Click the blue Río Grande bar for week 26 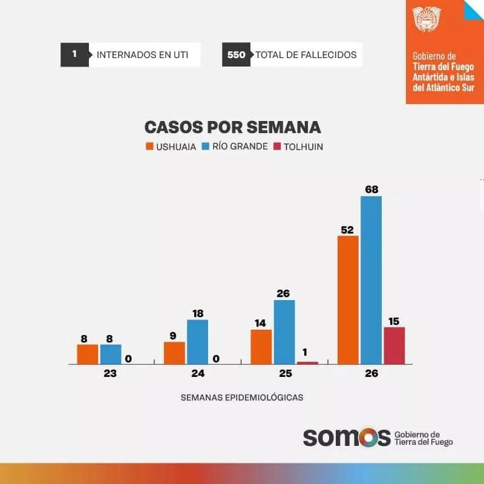pyautogui.click(x=371, y=280)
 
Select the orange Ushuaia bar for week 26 pyautogui.click(x=348, y=300)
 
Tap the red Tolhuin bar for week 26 pyautogui.click(x=394, y=345)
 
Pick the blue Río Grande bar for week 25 pyautogui.click(x=284, y=332)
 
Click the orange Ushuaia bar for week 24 pyautogui.click(x=174, y=353)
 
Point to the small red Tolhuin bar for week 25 pyautogui.click(x=307, y=362)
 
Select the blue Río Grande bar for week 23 pyautogui.click(x=111, y=354)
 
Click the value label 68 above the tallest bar pyautogui.click(x=371, y=189)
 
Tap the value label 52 pyautogui.click(x=348, y=229)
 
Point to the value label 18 pyautogui.click(x=197, y=313)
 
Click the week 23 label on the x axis pyautogui.click(x=110, y=374)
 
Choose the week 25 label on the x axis pyautogui.click(x=286, y=374)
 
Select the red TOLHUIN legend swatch pyautogui.click(x=278, y=146)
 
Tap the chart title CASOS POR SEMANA pyautogui.click(x=232, y=127)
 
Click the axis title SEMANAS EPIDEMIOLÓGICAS pyautogui.click(x=242, y=397)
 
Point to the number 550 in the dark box pyautogui.click(x=236, y=55)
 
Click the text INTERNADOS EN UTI pyautogui.click(x=142, y=55)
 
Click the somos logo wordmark pyautogui.click(x=346, y=437)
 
